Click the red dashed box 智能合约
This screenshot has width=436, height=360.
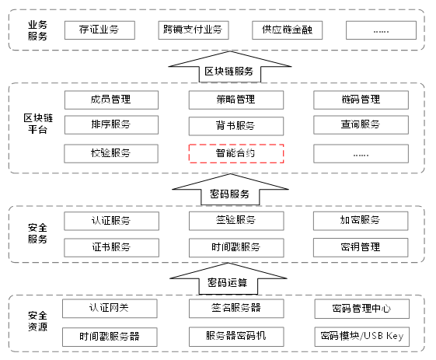pos(236,153)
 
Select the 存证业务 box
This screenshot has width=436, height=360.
pos(99,30)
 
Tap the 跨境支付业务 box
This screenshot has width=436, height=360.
pos(194,30)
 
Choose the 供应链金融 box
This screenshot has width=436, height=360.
pos(288,30)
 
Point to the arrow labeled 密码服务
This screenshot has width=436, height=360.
pos(230,190)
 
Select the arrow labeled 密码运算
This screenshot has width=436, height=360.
pos(228,279)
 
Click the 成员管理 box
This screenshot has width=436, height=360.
pos(111,100)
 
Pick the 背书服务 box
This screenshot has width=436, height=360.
pos(236,126)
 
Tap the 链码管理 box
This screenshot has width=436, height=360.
pos(361,100)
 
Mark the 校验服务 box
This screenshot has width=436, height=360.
pos(111,153)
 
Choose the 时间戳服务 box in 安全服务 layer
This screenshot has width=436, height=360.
pos(236,247)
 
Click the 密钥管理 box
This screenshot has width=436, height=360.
pos(361,247)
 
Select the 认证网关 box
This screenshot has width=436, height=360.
pos(110,309)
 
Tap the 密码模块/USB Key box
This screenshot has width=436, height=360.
pos(362,337)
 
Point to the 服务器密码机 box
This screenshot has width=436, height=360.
pos(236,337)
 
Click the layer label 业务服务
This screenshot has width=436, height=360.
pos(37,30)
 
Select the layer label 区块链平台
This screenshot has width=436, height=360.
pos(38,124)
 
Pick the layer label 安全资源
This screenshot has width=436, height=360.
pos(37,321)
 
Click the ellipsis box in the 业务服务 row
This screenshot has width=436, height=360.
pos(382,30)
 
